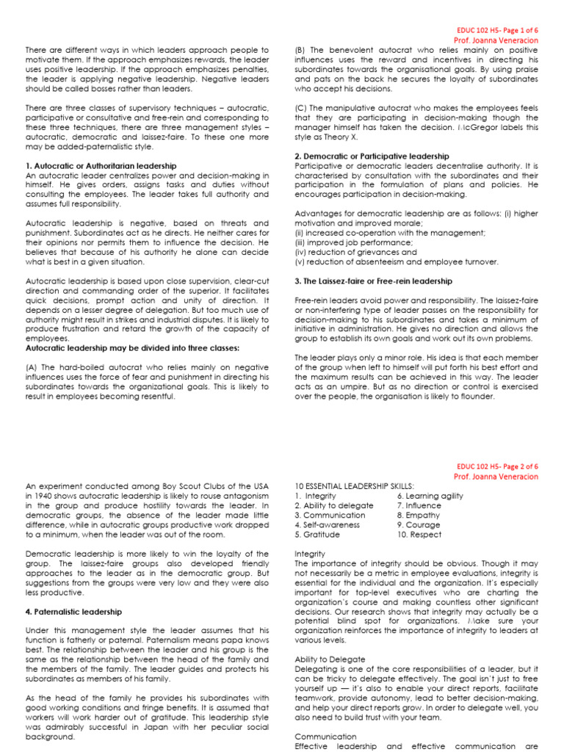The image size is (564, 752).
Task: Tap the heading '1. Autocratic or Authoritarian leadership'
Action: point(101,166)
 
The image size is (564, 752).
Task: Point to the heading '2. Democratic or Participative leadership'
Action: point(372,156)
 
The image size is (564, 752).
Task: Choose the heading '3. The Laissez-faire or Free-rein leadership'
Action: point(374,281)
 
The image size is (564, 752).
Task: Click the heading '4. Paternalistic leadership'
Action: point(73,611)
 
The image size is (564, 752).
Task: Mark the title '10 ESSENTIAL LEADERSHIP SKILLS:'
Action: point(354,486)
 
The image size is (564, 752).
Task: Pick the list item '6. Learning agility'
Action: point(430,496)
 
